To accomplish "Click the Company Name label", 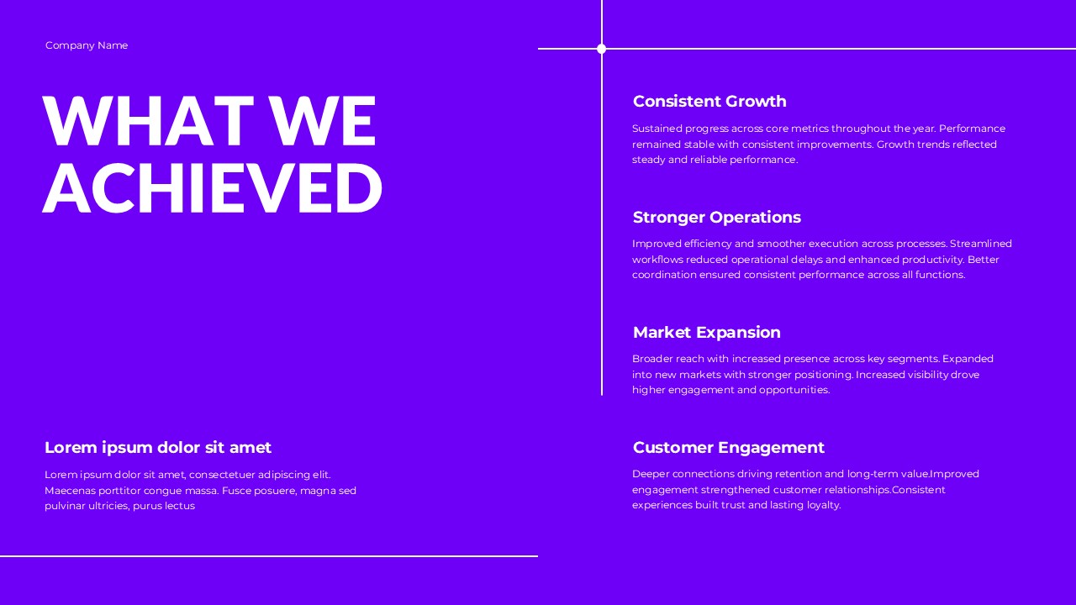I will coord(87,45).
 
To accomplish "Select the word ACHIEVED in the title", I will coord(213,188).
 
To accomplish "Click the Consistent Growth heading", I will coord(709,102).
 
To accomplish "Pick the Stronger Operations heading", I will coord(716,218).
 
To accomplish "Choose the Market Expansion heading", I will coord(706,333).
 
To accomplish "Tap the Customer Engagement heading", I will coord(728,448).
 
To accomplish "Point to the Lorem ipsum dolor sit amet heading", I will coord(158,448).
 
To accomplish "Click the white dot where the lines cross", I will coord(601,49).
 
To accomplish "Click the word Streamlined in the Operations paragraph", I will coord(981,244).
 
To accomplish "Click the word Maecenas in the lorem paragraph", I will coord(70,491).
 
